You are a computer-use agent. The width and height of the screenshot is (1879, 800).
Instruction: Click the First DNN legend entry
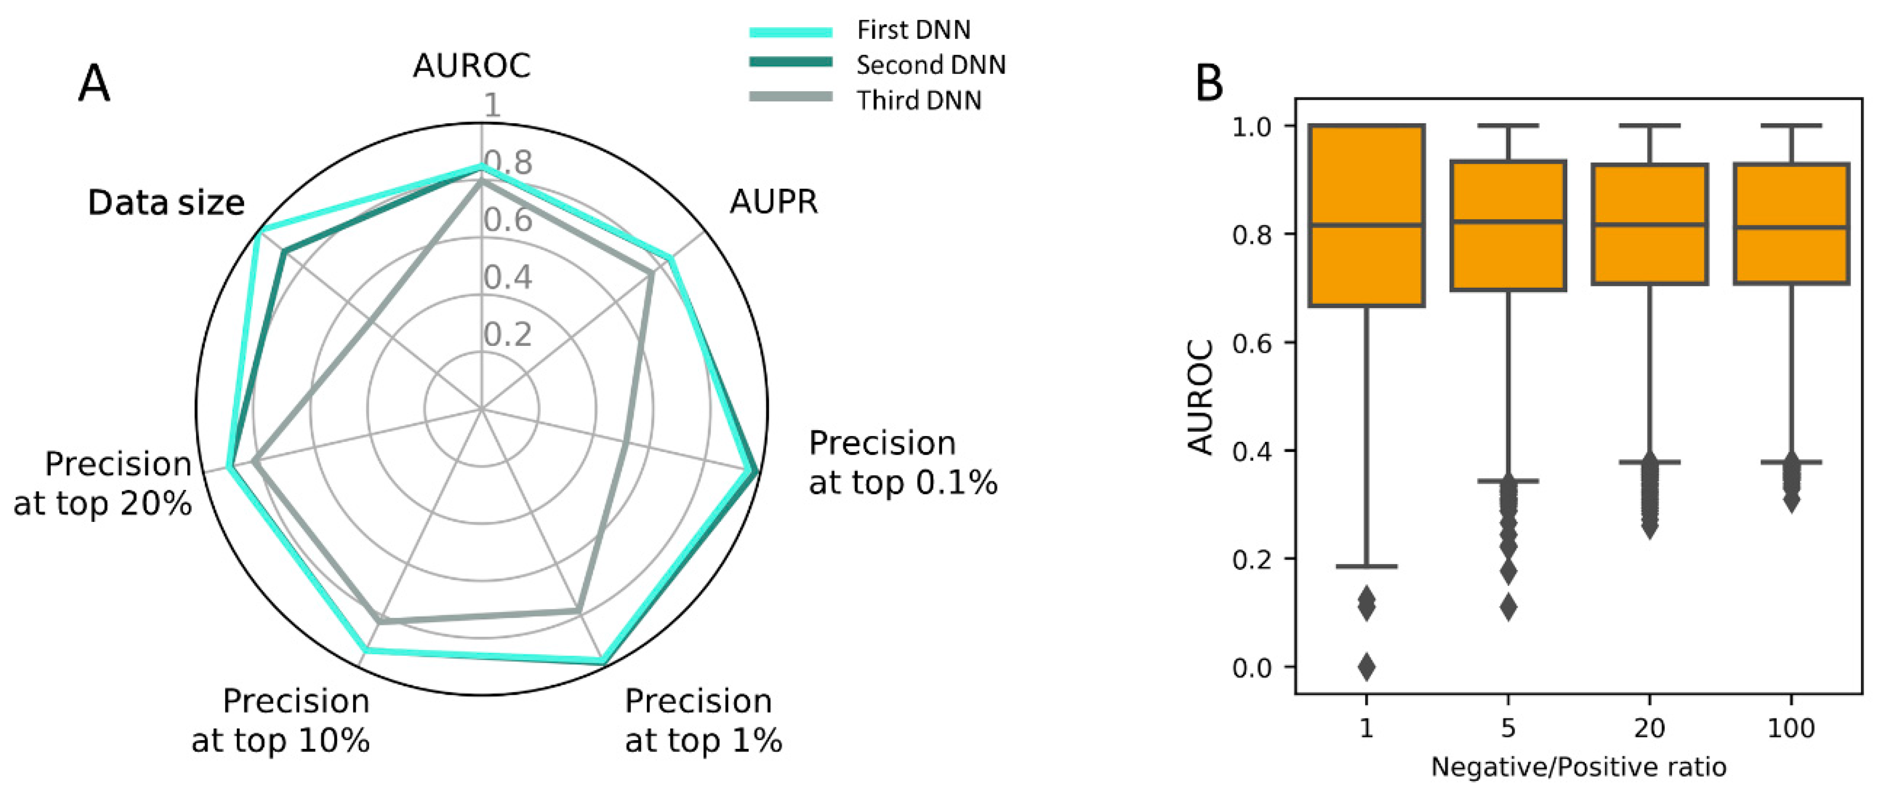coord(913,30)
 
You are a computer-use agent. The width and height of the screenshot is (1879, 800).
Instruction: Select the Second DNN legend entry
coord(931,65)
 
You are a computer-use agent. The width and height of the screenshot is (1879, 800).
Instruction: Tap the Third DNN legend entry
coord(918,100)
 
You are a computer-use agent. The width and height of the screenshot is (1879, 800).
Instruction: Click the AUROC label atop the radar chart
coord(471,66)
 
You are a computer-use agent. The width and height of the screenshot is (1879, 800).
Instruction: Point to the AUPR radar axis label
coord(773,201)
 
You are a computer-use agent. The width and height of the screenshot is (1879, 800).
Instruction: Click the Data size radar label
coord(166,203)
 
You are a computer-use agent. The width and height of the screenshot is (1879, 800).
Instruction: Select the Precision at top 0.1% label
coord(902,463)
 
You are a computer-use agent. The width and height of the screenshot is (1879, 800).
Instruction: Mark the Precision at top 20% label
coord(103,483)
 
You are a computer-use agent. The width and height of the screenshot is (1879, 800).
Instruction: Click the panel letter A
coord(94,84)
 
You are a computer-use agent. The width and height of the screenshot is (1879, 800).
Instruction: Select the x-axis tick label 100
coord(1790,728)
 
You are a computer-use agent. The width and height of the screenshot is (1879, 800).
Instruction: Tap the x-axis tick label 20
coord(1649,728)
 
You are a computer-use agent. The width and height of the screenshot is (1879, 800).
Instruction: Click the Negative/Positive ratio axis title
coord(1578,767)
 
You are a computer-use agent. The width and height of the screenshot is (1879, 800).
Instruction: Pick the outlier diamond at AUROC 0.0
coord(1366,667)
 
